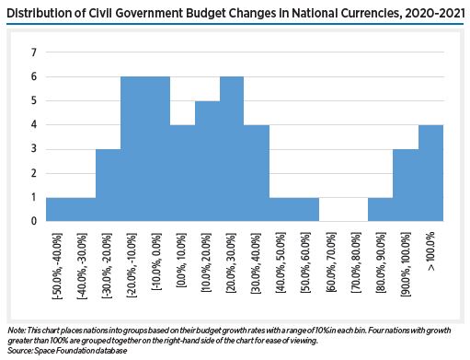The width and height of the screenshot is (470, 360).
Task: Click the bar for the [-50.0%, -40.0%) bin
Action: point(58,209)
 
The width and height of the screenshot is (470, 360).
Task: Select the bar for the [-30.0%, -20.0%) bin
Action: point(108,185)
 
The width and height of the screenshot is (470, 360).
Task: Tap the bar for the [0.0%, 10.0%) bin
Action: point(182,173)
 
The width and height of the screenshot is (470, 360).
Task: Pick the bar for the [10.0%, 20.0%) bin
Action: point(207,161)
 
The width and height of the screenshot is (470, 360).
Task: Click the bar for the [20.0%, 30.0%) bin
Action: point(232,149)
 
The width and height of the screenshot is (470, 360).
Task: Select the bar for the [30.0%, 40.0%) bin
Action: point(257,173)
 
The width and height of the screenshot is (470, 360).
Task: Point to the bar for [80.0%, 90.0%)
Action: point(380,209)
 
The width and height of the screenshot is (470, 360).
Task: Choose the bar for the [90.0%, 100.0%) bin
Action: point(405,185)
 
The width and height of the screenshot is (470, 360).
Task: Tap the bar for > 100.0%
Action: point(430,173)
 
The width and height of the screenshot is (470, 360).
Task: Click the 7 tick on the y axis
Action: point(34,52)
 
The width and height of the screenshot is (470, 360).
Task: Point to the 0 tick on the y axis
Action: point(34,221)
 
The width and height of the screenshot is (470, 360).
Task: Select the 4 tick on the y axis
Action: point(34,125)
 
